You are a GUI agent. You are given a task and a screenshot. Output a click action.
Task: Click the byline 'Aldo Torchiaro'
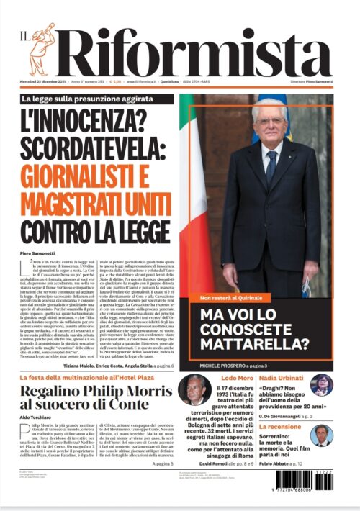click(x=37, y=417)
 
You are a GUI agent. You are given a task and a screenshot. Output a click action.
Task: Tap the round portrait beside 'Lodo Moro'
click(x=194, y=389)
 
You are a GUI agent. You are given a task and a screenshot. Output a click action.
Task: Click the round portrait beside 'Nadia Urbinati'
click(x=322, y=385)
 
